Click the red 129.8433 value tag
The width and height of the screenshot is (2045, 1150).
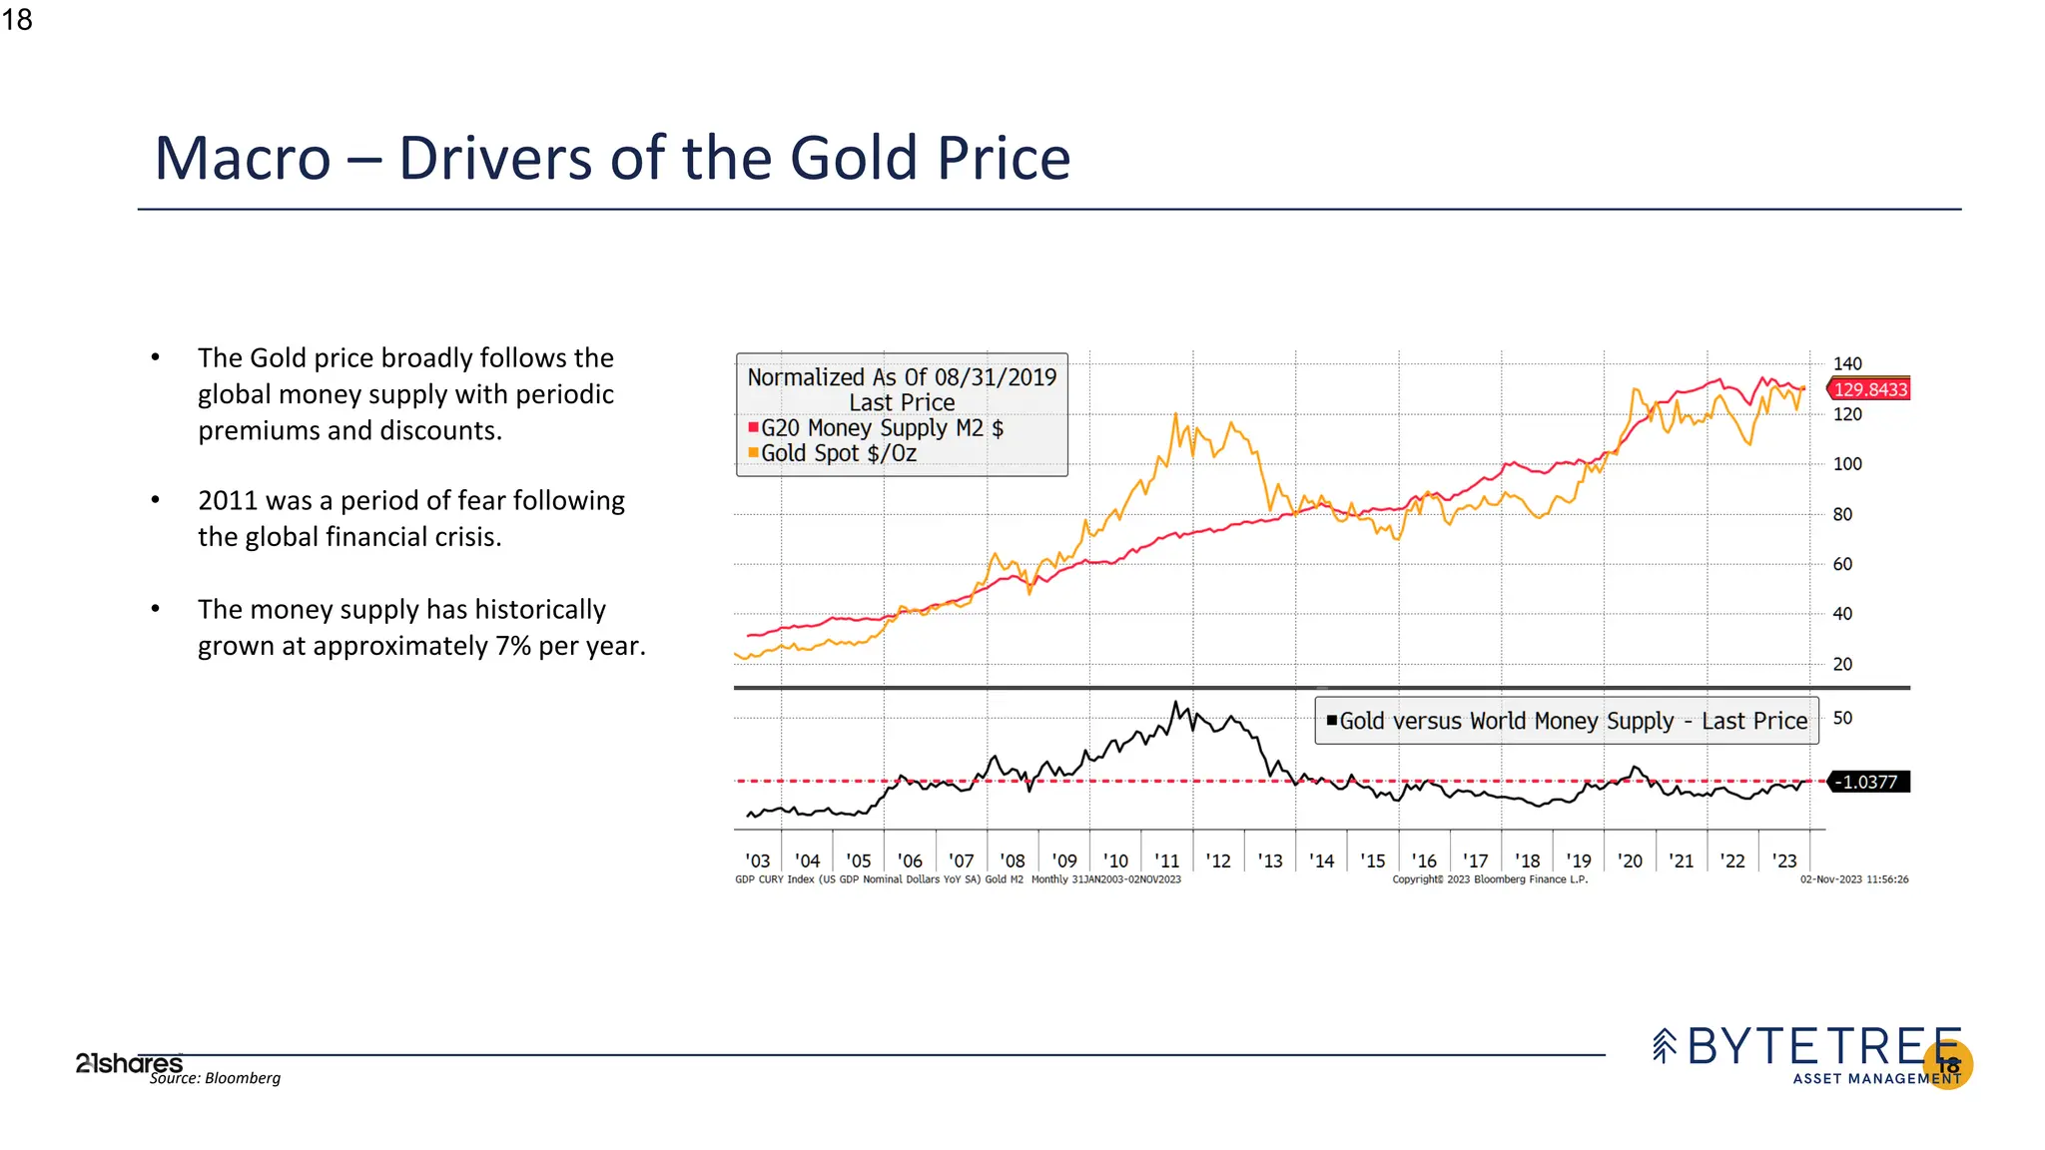tap(1869, 389)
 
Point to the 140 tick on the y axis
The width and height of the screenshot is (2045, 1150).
tap(1847, 364)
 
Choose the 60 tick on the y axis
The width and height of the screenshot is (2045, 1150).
tap(1842, 564)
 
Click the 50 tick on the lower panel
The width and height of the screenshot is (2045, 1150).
tap(1842, 718)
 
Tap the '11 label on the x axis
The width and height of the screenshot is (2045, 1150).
tap(1166, 861)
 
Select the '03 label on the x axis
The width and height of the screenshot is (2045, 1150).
tap(757, 861)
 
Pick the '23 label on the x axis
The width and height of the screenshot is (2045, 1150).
tap(1783, 861)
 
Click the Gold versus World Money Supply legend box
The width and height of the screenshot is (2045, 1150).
tap(1567, 721)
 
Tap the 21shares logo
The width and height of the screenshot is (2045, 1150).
tap(129, 1063)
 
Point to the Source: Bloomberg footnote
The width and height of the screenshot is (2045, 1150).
tap(215, 1078)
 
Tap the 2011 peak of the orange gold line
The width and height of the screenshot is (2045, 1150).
tap(1175, 414)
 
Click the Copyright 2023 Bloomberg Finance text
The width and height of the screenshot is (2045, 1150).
tap(1490, 879)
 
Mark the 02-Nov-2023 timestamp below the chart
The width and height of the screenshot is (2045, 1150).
tap(1853, 879)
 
